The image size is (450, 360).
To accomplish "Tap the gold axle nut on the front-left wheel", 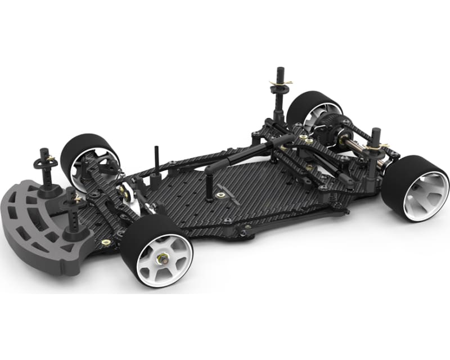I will point(163,259).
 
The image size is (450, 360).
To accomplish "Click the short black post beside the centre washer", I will point(208,188).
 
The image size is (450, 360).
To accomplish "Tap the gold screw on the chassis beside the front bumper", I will point(105,242).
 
